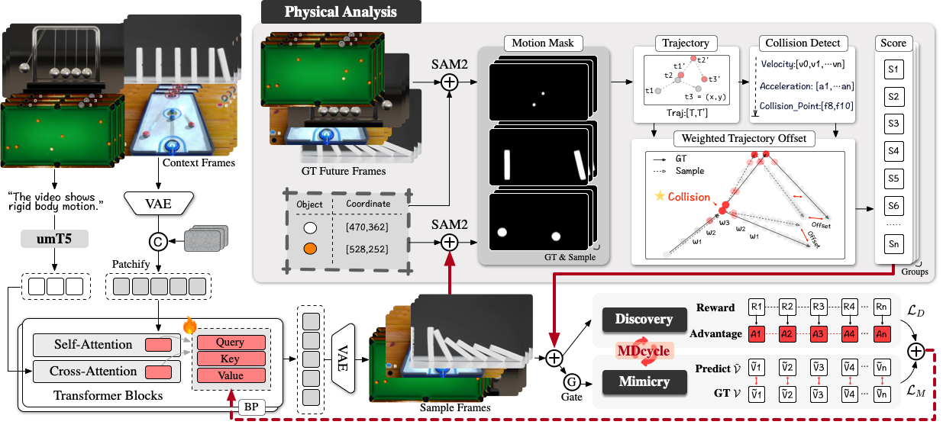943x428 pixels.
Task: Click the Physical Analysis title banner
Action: (340, 12)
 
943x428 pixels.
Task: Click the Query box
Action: (230, 343)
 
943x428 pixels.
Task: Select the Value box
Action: (230, 375)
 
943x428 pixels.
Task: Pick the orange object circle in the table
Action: (310, 249)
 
